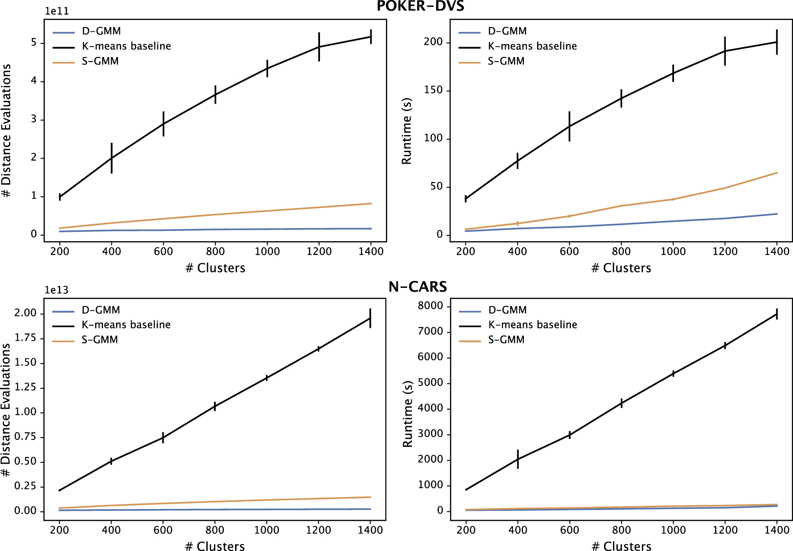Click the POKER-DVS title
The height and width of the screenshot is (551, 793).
click(x=420, y=6)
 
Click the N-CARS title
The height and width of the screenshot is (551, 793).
click(x=417, y=286)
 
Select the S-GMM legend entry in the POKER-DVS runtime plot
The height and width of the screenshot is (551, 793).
click(x=506, y=61)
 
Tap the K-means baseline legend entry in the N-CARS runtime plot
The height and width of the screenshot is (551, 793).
click(x=532, y=325)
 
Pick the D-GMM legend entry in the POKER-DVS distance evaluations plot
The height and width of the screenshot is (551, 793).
click(x=101, y=31)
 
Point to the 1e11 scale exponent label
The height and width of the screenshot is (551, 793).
click(x=57, y=11)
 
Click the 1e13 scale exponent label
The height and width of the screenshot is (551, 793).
click(x=56, y=290)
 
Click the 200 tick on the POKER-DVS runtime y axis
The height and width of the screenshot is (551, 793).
click(x=432, y=42)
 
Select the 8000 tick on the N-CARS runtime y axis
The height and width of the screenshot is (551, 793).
click(x=430, y=306)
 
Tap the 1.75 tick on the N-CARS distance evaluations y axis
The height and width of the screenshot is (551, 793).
click(x=25, y=338)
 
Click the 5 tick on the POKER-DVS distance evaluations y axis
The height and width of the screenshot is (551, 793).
click(x=34, y=42)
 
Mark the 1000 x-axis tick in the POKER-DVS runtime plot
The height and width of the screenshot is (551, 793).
click(x=673, y=251)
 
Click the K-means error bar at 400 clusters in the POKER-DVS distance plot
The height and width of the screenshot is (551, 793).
click(x=111, y=158)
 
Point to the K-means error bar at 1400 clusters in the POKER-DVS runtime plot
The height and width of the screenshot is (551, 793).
click(x=777, y=42)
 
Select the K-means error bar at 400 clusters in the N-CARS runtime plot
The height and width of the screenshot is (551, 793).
click(x=518, y=459)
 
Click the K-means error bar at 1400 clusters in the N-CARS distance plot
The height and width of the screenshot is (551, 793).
click(x=370, y=318)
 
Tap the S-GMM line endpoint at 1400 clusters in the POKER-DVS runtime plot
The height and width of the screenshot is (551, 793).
click(x=777, y=173)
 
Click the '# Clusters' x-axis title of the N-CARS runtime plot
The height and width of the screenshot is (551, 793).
click(x=621, y=546)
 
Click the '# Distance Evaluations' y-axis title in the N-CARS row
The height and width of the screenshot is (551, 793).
click(x=6, y=410)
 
